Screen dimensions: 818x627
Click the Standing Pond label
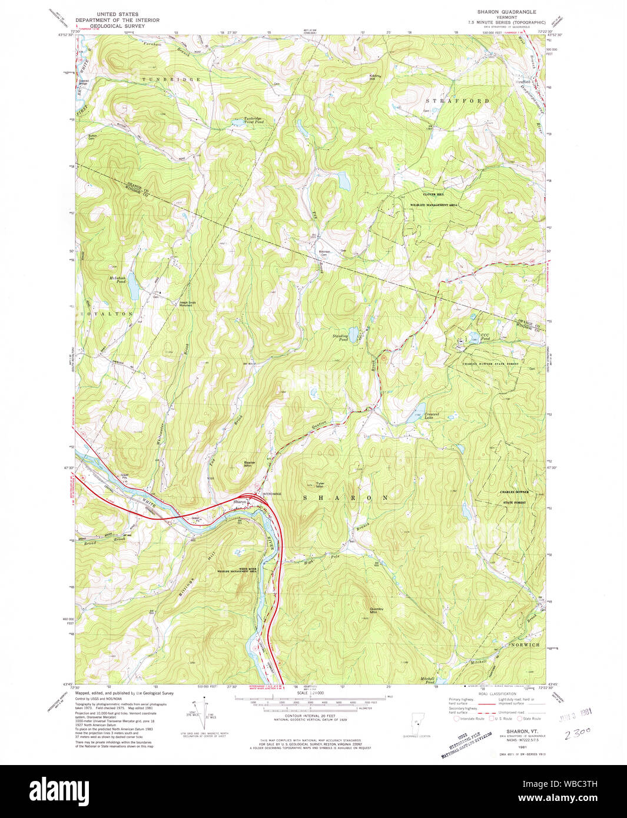340,337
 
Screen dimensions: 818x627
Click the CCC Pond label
485,337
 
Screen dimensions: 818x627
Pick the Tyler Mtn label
320,485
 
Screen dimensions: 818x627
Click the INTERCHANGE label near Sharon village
272,494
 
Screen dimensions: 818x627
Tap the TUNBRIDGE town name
171,79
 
